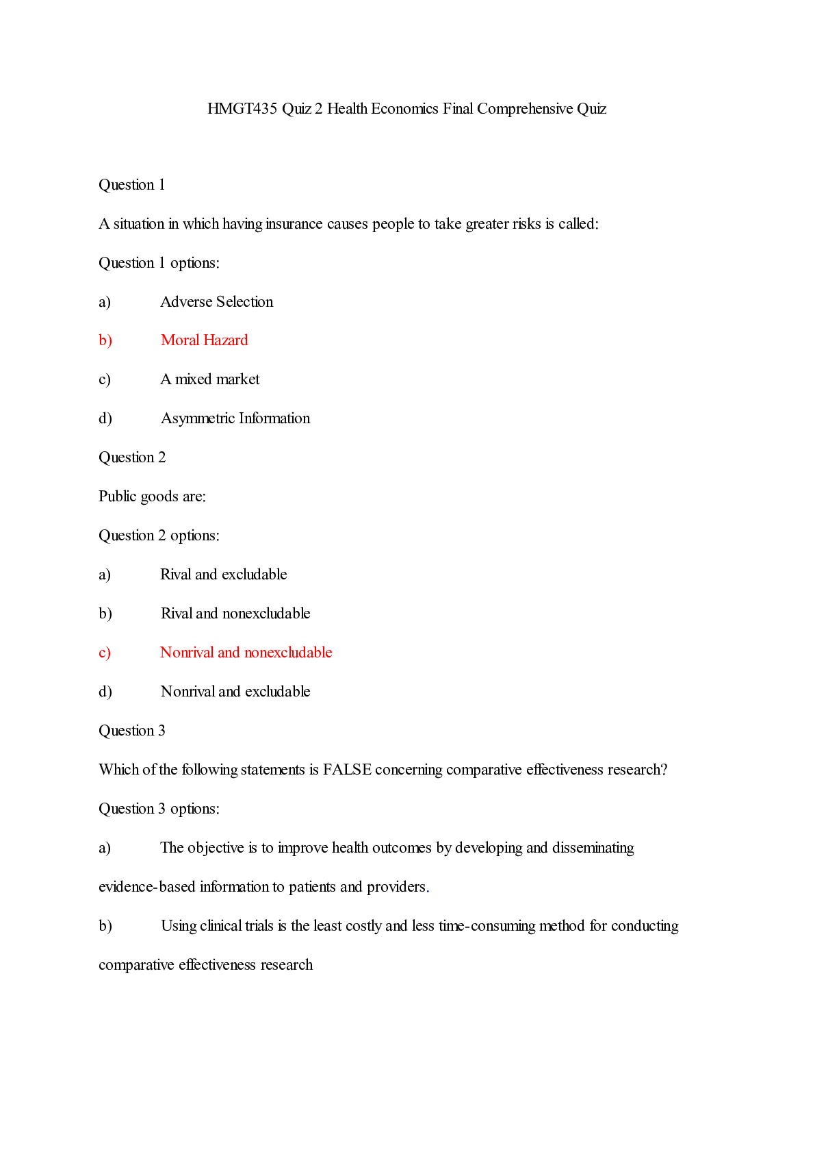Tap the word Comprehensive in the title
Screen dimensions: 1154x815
point(525,109)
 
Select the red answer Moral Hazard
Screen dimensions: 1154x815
point(204,340)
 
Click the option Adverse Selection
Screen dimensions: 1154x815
point(216,302)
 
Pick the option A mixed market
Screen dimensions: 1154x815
point(209,379)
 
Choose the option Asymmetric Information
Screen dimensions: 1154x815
point(235,418)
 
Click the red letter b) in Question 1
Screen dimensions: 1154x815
point(105,340)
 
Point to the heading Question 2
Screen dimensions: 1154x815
point(132,457)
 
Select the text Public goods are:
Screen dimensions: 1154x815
point(152,497)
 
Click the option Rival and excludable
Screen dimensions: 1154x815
point(223,575)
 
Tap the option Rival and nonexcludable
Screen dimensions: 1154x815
point(235,614)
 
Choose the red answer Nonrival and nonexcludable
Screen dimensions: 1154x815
point(246,653)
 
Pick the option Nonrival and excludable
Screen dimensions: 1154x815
point(235,692)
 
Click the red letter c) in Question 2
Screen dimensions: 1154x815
point(105,653)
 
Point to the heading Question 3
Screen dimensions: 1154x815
point(132,731)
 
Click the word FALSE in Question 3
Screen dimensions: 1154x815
point(347,770)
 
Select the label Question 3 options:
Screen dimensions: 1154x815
point(159,809)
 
